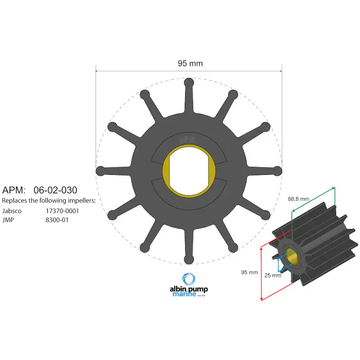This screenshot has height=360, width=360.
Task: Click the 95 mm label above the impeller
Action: (190, 63)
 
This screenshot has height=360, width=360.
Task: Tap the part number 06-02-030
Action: (55, 190)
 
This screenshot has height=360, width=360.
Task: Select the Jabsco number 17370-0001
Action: (62, 211)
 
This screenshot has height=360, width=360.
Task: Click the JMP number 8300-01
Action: (57, 220)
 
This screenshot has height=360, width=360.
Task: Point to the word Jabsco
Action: (12, 211)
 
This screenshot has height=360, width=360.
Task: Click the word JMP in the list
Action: (8, 220)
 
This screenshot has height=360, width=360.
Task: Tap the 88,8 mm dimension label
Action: (299, 199)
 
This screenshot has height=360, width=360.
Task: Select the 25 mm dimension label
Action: (273, 275)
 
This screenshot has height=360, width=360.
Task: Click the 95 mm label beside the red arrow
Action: (250, 272)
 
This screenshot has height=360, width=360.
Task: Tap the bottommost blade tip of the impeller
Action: (189, 260)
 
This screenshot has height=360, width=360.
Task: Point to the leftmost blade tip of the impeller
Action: (100, 170)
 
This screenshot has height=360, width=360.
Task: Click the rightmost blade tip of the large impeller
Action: (277, 170)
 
